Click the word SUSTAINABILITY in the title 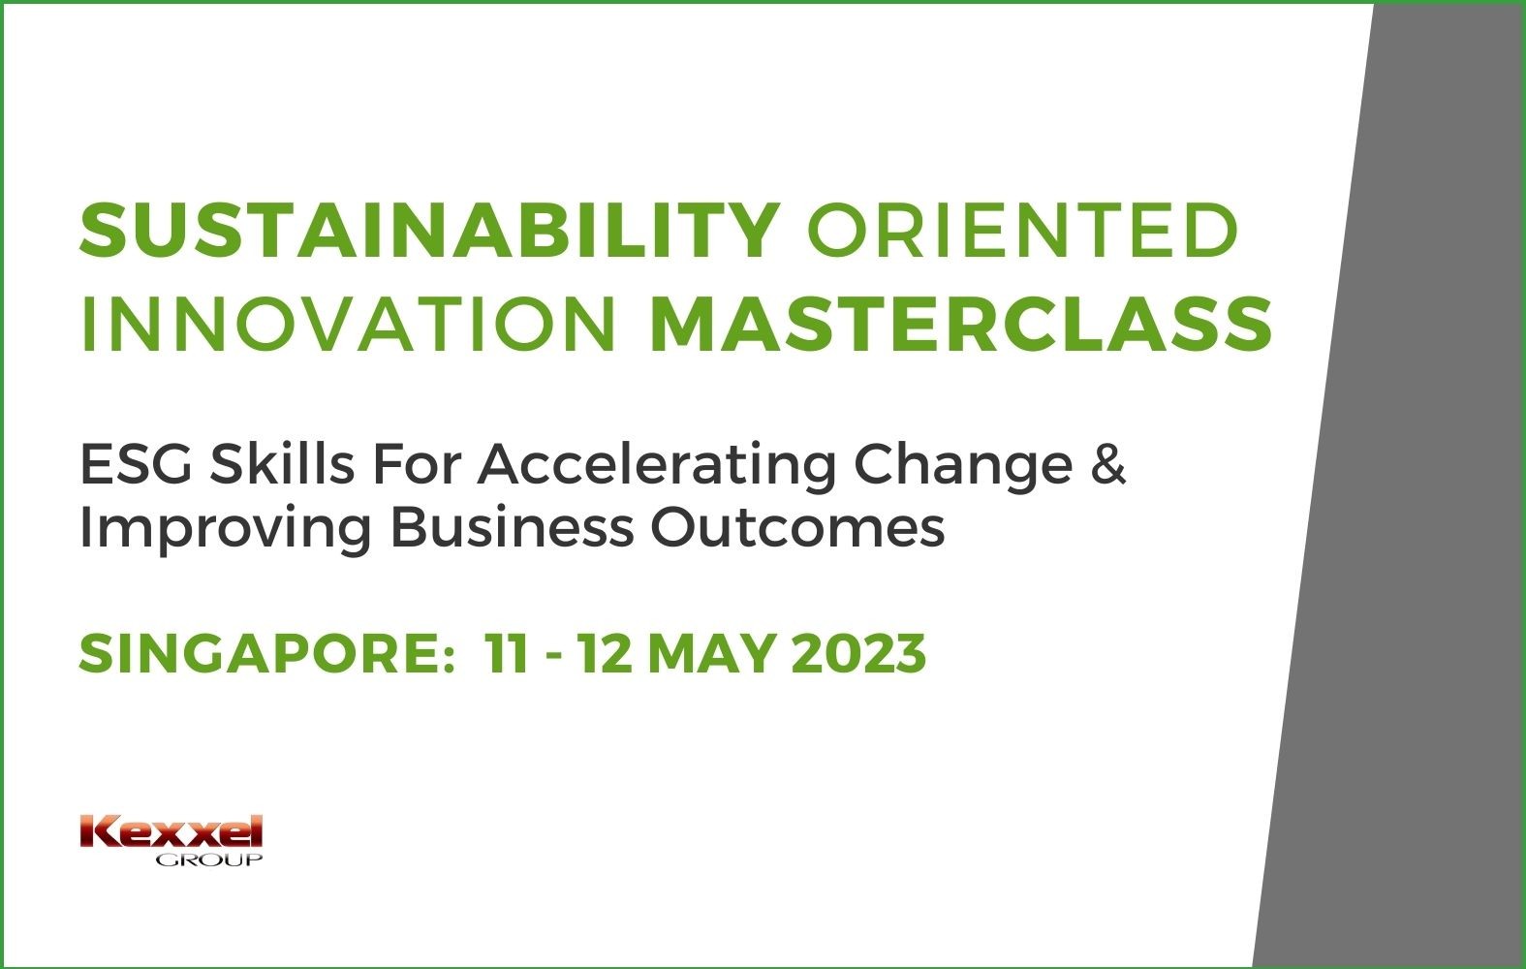pos(430,231)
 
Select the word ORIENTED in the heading pos(1022,231)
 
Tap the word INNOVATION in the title pos(349,325)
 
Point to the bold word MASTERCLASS pos(961,325)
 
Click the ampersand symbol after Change pos(1108,465)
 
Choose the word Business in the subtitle pos(513,527)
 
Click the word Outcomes pos(798,529)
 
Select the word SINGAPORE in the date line pos(266,653)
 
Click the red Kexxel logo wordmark pos(171,831)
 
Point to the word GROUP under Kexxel pos(209,860)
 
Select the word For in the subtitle pos(417,465)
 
